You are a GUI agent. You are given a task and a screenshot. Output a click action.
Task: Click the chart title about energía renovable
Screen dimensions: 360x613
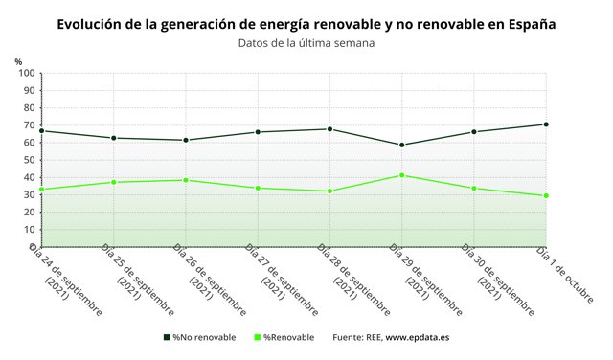[306, 22]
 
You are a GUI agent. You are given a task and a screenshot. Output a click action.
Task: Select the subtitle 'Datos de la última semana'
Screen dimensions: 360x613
[306, 43]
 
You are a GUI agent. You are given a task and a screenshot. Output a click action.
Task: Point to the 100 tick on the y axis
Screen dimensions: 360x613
[26, 74]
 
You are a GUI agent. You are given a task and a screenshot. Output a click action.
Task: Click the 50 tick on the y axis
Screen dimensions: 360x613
[29, 160]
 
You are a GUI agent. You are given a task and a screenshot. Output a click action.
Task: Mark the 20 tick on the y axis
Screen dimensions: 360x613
[29, 213]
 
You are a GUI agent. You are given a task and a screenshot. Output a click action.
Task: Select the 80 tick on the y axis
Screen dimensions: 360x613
[29, 108]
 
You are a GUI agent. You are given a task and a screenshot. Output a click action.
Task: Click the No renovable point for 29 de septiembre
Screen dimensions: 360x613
[402, 145]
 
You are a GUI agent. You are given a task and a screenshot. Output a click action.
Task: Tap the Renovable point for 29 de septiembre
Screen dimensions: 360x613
[402, 175]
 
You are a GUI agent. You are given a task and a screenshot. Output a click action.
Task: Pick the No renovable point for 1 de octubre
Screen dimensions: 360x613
[546, 124]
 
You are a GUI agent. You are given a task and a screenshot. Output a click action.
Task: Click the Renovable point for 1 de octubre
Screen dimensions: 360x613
[546, 195]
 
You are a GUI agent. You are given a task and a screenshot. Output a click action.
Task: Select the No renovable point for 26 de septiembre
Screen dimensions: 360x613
[186, 140]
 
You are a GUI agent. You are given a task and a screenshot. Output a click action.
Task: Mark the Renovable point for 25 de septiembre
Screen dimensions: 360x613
[114, 182]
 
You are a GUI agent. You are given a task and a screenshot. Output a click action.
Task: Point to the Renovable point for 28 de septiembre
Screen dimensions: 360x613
[329, 191]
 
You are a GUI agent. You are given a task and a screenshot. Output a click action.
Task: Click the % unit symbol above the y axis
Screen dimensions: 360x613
[18, 62]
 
